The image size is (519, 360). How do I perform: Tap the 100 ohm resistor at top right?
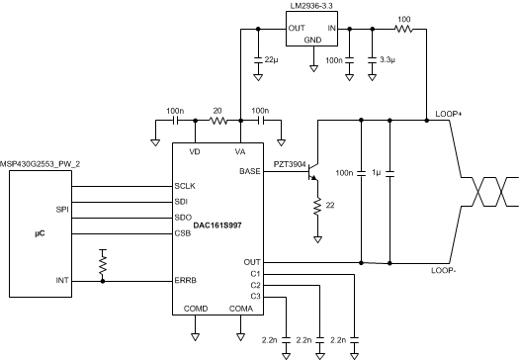coord(403,30)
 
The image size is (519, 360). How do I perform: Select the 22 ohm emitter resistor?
coord(318,208)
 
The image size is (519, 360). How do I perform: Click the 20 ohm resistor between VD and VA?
coord(217,122)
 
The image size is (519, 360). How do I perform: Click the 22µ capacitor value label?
coord(270,61)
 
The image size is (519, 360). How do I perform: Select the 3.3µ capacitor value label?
coord(387,61)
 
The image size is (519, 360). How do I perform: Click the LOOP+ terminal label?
coord(449,114)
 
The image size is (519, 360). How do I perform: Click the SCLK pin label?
coord(186,186)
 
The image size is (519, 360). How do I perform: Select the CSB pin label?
coord(183,234)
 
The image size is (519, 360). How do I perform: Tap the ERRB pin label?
coord(186,282)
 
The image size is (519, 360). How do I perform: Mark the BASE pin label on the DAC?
coord(251,171)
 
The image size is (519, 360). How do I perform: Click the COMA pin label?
coord(239,308)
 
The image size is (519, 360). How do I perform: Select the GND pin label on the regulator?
coord(312,40)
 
